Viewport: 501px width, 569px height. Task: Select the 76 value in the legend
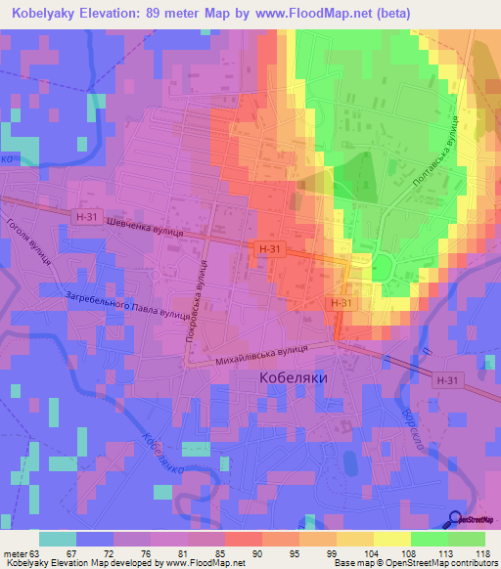tap(120, 553)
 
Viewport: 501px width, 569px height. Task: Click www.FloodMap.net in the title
tap(314, 13)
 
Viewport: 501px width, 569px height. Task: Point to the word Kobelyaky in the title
tap(47, 13)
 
